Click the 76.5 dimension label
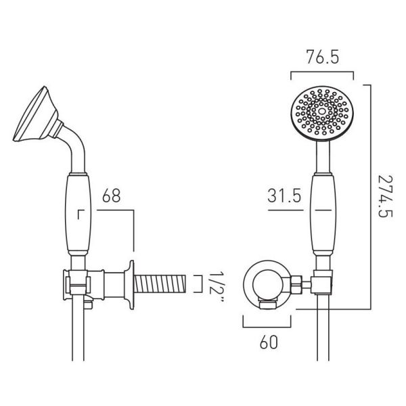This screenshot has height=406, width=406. pyautogui.click(x=322, y=58)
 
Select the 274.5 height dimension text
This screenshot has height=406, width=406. pyautogui.click(x=385, y=196)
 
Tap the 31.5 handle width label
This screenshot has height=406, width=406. pyautogui.click(x=284, y=196)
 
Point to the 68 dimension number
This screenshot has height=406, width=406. pyautogui.click(x=112, y=196)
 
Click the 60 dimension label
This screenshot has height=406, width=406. pyautogui.click(x=269, y=342)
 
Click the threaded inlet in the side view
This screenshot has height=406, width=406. pyautogui.click(x=160, y=284)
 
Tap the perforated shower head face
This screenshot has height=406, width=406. pyautogui.click(x=322, y=114)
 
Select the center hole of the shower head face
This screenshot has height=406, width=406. pyautogui.click(x=322, y=112)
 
